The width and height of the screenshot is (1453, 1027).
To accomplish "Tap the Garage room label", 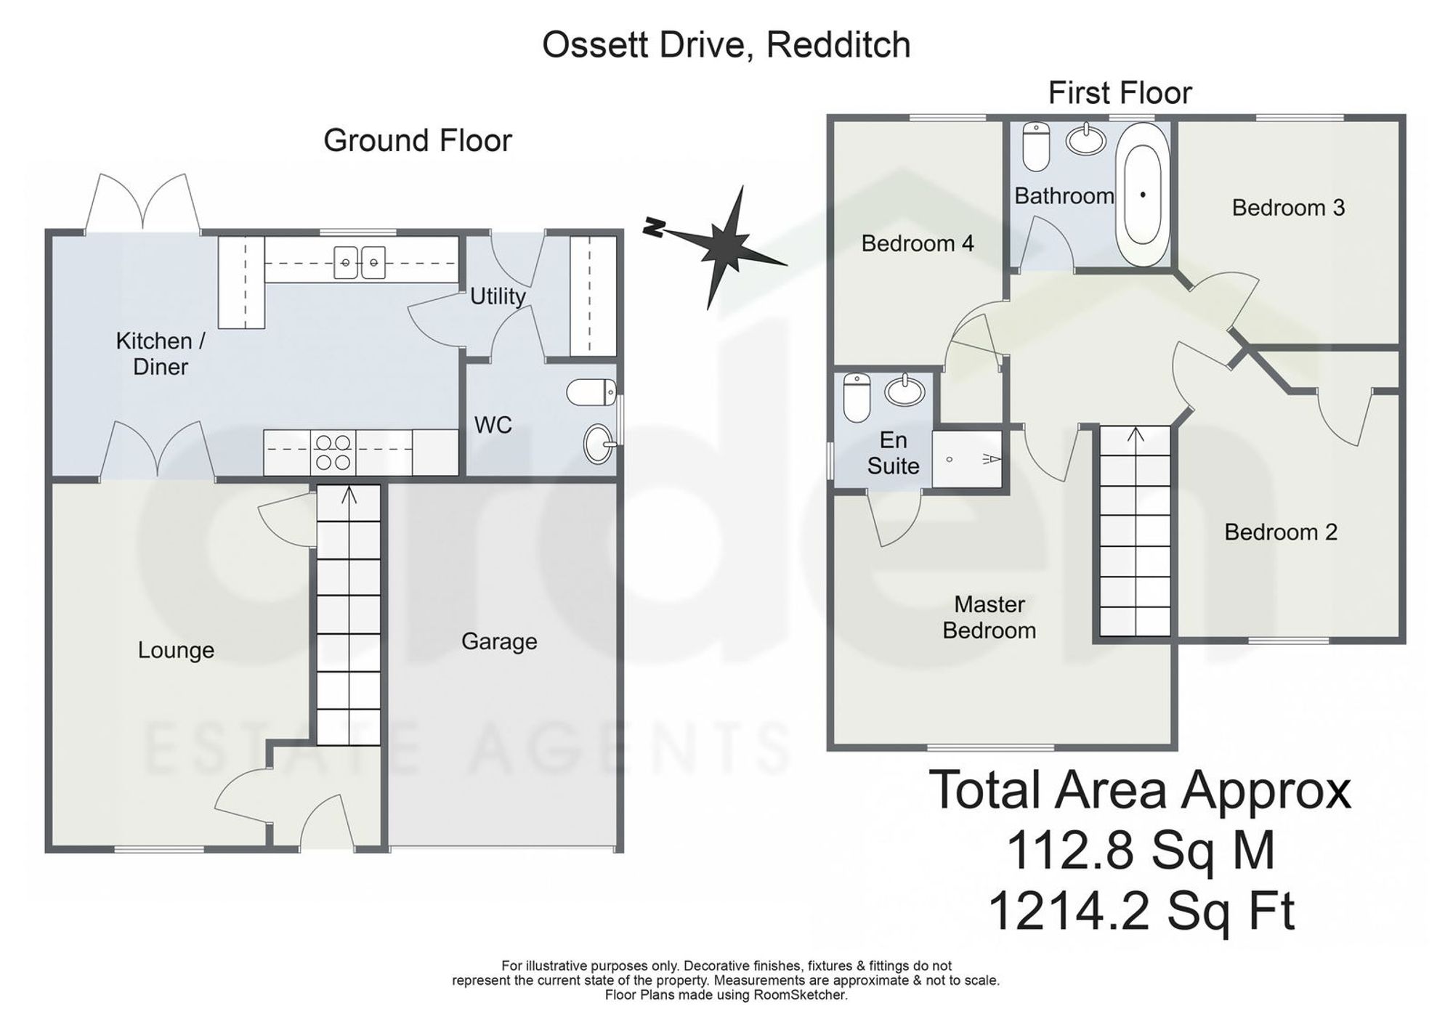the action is point(499,641).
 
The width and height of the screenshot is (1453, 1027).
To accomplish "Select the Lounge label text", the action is point(176,650).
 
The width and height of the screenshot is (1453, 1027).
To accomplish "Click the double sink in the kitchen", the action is point(360,261).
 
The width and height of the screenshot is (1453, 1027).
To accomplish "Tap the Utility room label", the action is point(498,296).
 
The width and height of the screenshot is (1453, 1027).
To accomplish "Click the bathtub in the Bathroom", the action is point(1143,194).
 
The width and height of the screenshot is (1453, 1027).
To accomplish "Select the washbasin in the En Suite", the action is point(904,391).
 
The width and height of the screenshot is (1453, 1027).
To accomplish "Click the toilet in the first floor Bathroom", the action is point(1035,145).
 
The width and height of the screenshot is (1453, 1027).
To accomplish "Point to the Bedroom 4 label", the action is point(918,243).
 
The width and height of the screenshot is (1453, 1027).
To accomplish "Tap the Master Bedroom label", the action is point(989,617).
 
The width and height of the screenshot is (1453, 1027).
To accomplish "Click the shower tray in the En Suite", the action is point(967,459).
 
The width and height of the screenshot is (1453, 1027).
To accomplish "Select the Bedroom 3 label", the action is point(1288,208).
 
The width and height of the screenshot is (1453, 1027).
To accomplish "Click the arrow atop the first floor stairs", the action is point(1136,434).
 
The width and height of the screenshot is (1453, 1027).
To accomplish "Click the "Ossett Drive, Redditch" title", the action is point(726,45).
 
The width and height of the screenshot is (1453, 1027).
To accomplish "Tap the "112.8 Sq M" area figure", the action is point(1141,851).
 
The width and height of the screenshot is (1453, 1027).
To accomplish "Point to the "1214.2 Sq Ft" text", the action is point(1141,911).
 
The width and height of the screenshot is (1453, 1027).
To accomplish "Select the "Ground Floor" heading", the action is point(418,140).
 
